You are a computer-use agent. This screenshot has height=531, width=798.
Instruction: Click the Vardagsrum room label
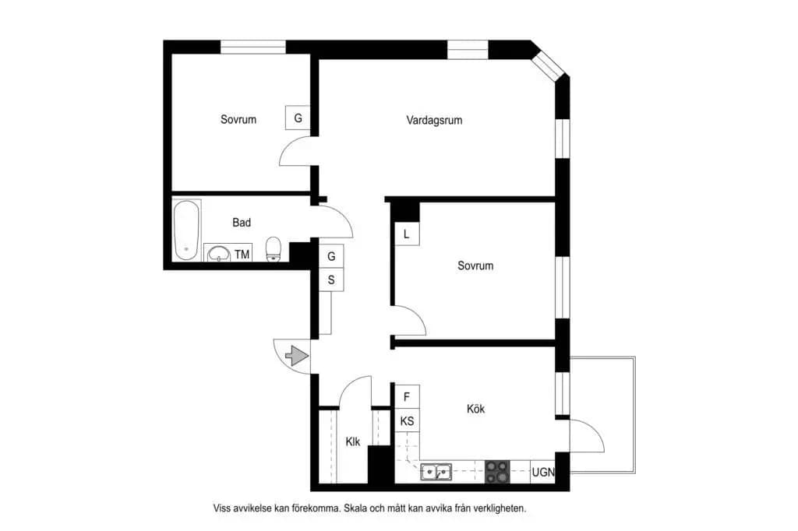[x=434, y=121]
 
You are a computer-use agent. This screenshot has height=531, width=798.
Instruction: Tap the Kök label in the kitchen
[x=476, y=409]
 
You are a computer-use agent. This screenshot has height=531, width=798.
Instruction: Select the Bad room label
[x=242, y=222]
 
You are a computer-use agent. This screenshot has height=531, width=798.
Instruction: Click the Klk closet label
[x=353, y=441]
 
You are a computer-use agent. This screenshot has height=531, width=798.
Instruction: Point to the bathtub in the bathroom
[x=186, y=230]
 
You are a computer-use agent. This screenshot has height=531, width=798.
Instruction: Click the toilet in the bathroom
[x=274, y=249]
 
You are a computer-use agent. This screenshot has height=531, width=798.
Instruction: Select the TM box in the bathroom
[x=242, y=254]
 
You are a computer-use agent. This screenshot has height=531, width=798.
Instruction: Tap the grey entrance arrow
[x=297, y=356]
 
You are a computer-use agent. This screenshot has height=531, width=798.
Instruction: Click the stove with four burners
[x=497, y=472]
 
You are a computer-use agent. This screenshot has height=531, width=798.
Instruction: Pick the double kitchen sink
[x=436, y=473]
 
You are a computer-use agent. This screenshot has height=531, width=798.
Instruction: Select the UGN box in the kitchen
[x=542, y=472]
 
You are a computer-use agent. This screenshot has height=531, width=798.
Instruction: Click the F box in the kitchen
[x=407, y=397]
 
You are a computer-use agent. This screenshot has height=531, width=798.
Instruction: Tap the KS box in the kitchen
[x=407, y=420]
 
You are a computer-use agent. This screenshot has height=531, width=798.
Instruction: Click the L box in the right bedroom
[x=407, y=234]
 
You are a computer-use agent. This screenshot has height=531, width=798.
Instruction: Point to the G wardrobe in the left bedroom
[x=298, y=118]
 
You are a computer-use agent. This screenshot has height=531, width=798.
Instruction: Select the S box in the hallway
[x=331, y=280]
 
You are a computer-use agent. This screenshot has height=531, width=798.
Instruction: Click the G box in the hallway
[x=331, y=256]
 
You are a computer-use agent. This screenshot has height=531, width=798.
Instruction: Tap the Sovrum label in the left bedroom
[x=238, y=120]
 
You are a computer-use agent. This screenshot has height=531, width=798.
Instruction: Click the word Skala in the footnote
[x=355, y=508]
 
